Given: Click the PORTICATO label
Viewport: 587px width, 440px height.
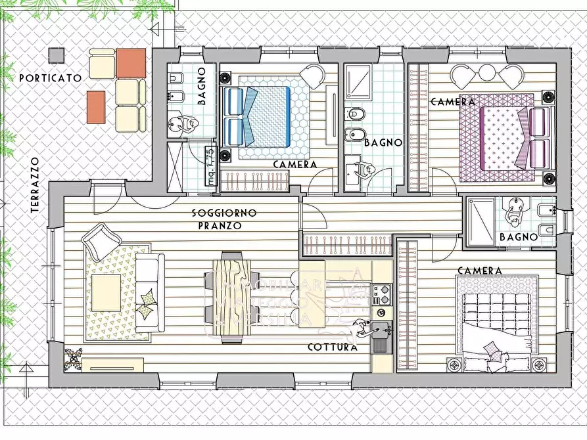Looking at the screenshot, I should (x=50, y=77).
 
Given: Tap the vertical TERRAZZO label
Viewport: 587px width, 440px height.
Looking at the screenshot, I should (x=35, y=185).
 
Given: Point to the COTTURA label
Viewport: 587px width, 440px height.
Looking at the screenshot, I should (x=333, y=347).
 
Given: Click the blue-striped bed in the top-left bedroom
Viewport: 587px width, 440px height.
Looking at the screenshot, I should (x=257, y=116).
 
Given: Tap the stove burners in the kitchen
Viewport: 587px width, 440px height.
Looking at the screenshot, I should (x=383, y=294).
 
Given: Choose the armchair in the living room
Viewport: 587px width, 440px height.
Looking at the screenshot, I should (x=101, y=240).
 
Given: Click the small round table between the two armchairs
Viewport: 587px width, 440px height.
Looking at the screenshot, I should (x=487, y=73).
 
